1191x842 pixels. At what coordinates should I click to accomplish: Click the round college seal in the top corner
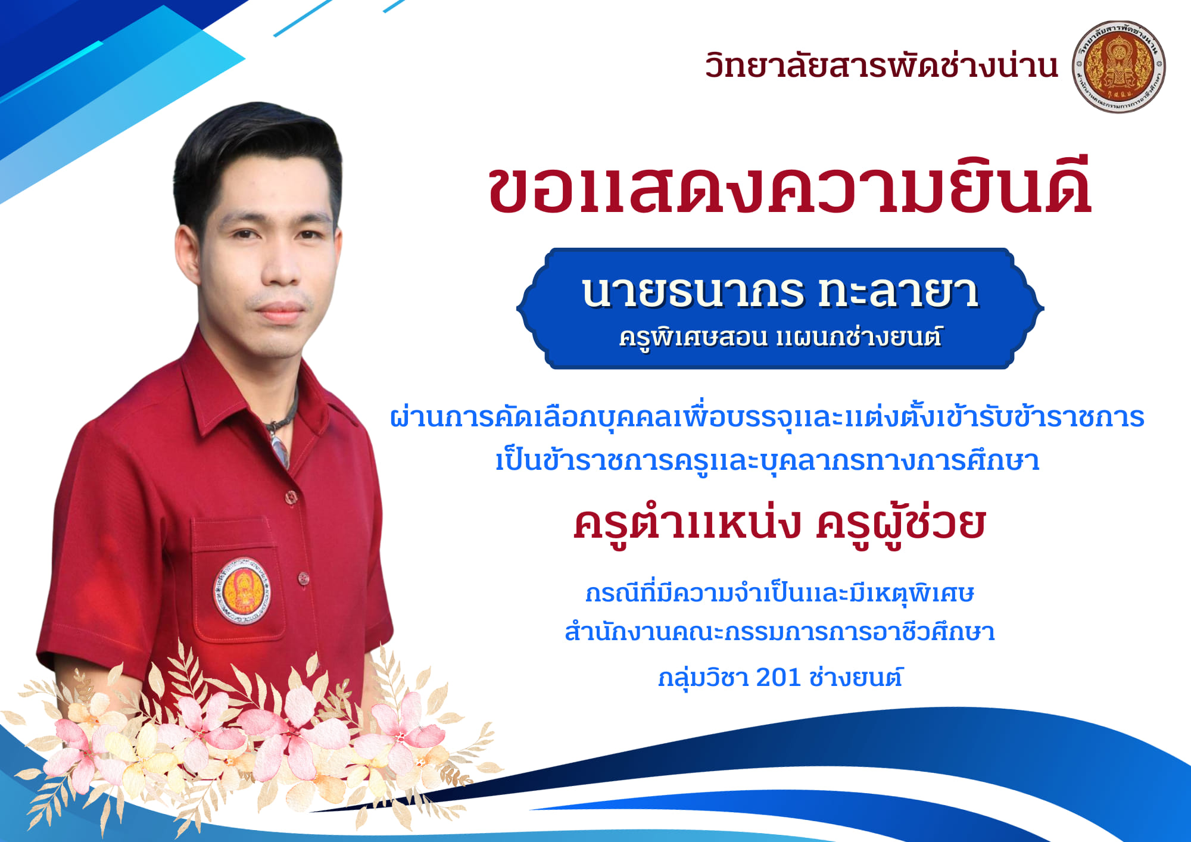click(1119, 67)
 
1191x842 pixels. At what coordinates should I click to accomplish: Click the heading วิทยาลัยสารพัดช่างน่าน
click(881, 66)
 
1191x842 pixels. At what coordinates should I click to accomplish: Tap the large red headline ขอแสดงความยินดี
click(790, 185)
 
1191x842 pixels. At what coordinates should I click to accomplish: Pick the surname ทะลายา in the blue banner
click(899, 292)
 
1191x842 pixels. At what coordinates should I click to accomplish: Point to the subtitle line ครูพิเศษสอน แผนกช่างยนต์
click(780, 338)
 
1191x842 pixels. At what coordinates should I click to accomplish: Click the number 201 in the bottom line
click(778, 677)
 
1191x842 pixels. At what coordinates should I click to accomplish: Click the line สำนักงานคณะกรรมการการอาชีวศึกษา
click(780, 632)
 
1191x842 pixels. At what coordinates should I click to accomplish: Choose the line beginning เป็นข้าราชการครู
click(768, 460)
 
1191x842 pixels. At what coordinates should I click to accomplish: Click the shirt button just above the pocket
click(291, 496)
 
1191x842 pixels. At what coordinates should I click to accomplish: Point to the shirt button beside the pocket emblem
click(303, 578)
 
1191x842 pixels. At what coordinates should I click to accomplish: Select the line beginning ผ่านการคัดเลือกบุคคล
click(767, 417)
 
